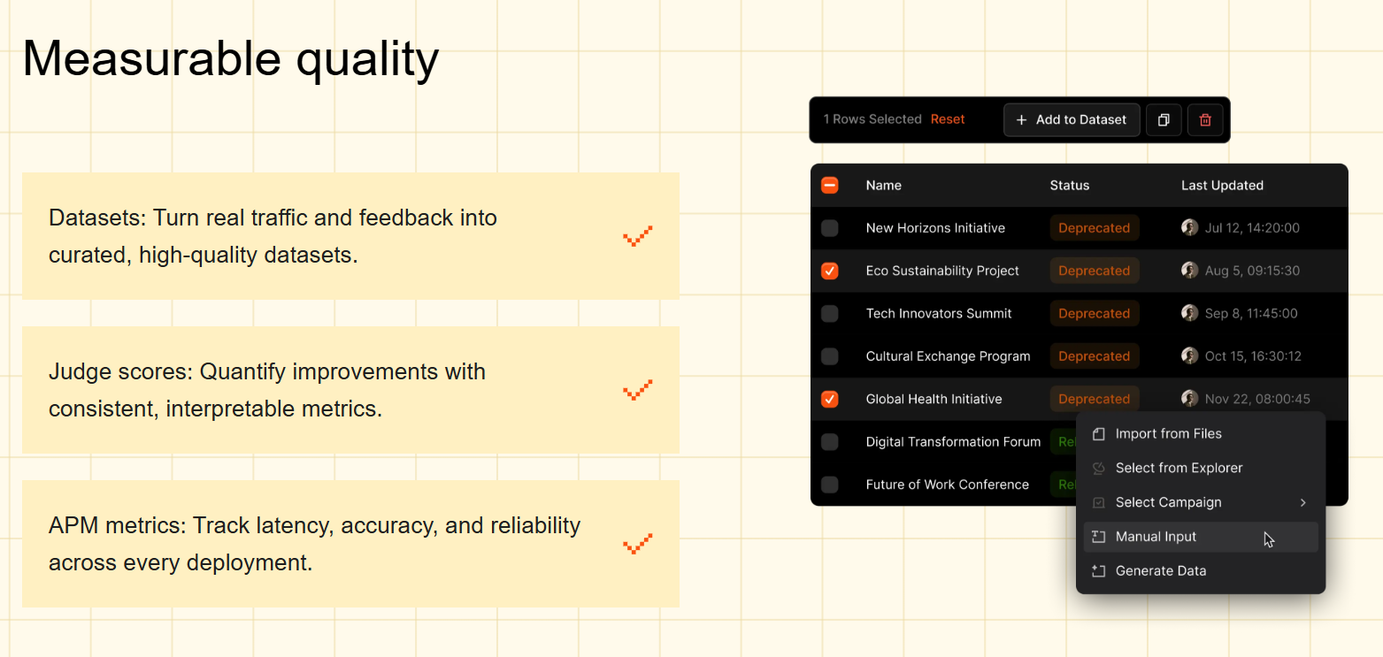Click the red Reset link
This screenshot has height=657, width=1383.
[947, 119]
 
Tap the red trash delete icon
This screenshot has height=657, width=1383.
[1205, 120]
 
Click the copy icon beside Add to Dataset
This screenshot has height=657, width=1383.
[1164, 120]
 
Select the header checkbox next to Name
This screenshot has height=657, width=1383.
[829, 186]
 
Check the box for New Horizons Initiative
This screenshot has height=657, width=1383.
[829, 228]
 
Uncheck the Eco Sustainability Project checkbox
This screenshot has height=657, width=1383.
[829, 271]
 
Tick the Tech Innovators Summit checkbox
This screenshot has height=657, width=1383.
[829, 314]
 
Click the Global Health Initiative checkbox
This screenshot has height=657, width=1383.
[829, 399]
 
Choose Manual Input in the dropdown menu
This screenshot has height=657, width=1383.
[1156, 537]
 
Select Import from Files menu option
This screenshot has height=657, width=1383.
[1168, 434]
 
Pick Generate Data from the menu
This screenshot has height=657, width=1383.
[1160, 571]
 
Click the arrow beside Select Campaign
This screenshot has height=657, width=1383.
[1302, 502]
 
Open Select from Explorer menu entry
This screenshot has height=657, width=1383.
[1179, 468]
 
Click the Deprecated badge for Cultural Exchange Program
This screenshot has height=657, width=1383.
[1094, 356]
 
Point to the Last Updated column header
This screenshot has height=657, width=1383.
[1222, 186]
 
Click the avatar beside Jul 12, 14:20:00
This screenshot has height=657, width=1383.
[1189, 228]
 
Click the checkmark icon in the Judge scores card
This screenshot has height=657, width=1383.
[637, 390]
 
